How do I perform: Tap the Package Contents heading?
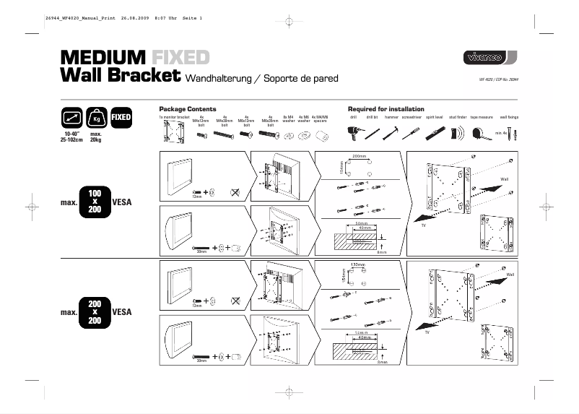tap(188, 109)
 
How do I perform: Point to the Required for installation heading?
tap(386, 109)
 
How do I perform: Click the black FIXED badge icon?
tap(121, 116)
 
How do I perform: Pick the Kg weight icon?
tap(95, 118)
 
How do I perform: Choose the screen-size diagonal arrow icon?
tap(71, 118)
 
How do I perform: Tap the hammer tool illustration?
tap(393, 132)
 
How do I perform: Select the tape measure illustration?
tap(481, 133)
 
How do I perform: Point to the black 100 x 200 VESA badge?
tap(95, 202)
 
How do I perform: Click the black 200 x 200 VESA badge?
tap(95, 311)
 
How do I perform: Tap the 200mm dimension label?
tap(359, 156)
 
